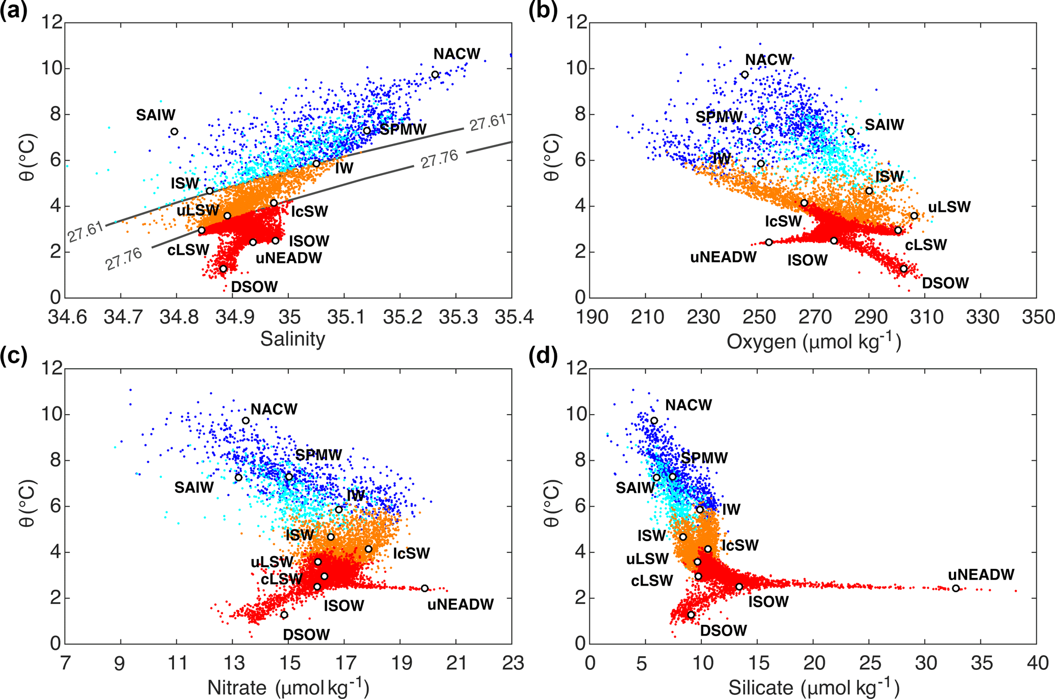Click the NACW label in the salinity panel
pos(457,54)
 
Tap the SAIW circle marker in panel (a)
pos(174,132)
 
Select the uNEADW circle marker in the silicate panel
pos(956,588)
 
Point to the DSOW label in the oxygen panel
pos(945,283)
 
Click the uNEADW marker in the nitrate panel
pos(425,588)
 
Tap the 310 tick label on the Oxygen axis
pos(927,318)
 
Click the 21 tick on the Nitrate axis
pos(456,663)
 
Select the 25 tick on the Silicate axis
pos(869,663)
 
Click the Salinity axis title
pos(292,339)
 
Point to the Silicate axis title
pos(814,687)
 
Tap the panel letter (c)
pos(14,355)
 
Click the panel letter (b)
pos(543,10)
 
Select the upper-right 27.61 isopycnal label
pos(487,123)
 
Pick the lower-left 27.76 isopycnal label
pos(124,259)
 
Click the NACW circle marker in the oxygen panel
pos(745,75)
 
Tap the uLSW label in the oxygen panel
pos(949,207)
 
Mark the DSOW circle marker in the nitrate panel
pos(284,615)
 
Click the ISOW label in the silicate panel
pos(768,602)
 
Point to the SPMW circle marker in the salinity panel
pos(366,131)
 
